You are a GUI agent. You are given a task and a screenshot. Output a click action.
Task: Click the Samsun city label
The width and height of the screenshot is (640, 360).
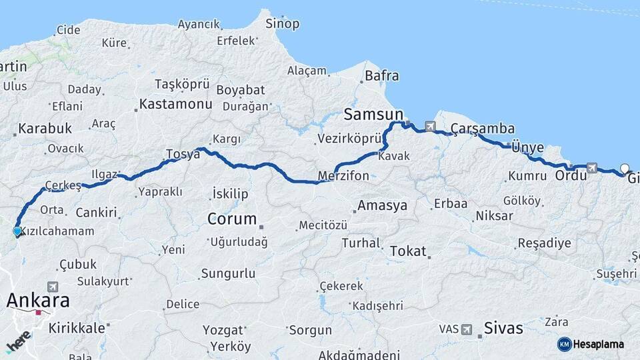click(373, 114)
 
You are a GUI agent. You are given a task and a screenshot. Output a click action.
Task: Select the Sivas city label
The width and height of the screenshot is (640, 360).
click(503, 329)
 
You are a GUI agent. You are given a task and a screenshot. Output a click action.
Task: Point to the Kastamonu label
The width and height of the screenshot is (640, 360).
click(175, 104)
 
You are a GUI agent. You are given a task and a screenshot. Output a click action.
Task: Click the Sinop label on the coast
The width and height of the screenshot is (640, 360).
click(282, 24)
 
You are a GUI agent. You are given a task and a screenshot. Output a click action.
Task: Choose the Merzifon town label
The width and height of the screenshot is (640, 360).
click(343, 176)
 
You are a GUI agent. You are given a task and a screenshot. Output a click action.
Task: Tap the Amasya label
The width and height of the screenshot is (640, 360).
click(382, 205)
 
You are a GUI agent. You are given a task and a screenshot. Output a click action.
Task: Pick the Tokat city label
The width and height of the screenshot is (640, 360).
click(407, 251)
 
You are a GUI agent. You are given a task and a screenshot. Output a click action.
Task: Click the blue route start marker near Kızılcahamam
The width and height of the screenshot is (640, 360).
click(17, 231)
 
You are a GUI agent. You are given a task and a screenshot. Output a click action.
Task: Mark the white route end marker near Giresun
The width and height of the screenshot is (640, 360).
click(625, 168)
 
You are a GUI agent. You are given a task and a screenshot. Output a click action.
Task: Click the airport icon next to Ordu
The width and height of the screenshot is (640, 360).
click(592, 168)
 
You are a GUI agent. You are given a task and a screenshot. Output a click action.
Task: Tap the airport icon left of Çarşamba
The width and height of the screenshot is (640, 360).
click(430, 126)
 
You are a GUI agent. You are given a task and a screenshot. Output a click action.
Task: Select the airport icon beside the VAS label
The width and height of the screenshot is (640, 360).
click(467, 329)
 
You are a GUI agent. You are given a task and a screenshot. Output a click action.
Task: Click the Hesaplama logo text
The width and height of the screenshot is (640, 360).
click(598, 344)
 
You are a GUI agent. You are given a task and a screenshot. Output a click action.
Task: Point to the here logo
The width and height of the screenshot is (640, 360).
click(19, 341)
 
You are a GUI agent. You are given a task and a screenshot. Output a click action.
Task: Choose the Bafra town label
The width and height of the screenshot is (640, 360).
click(381, 75)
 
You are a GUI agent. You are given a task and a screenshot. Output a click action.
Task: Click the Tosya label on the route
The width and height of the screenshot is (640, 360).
click(183, 154)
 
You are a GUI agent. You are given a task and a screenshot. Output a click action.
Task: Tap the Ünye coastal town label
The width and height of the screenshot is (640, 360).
click(527, 148)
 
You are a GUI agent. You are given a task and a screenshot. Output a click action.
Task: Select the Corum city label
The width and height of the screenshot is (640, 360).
click(232, 219)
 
